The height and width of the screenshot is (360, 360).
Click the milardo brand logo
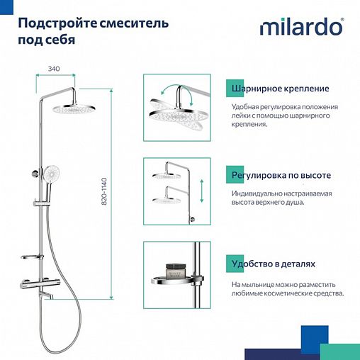(300, 28)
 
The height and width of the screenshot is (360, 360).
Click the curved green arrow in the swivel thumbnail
(168, 92)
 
